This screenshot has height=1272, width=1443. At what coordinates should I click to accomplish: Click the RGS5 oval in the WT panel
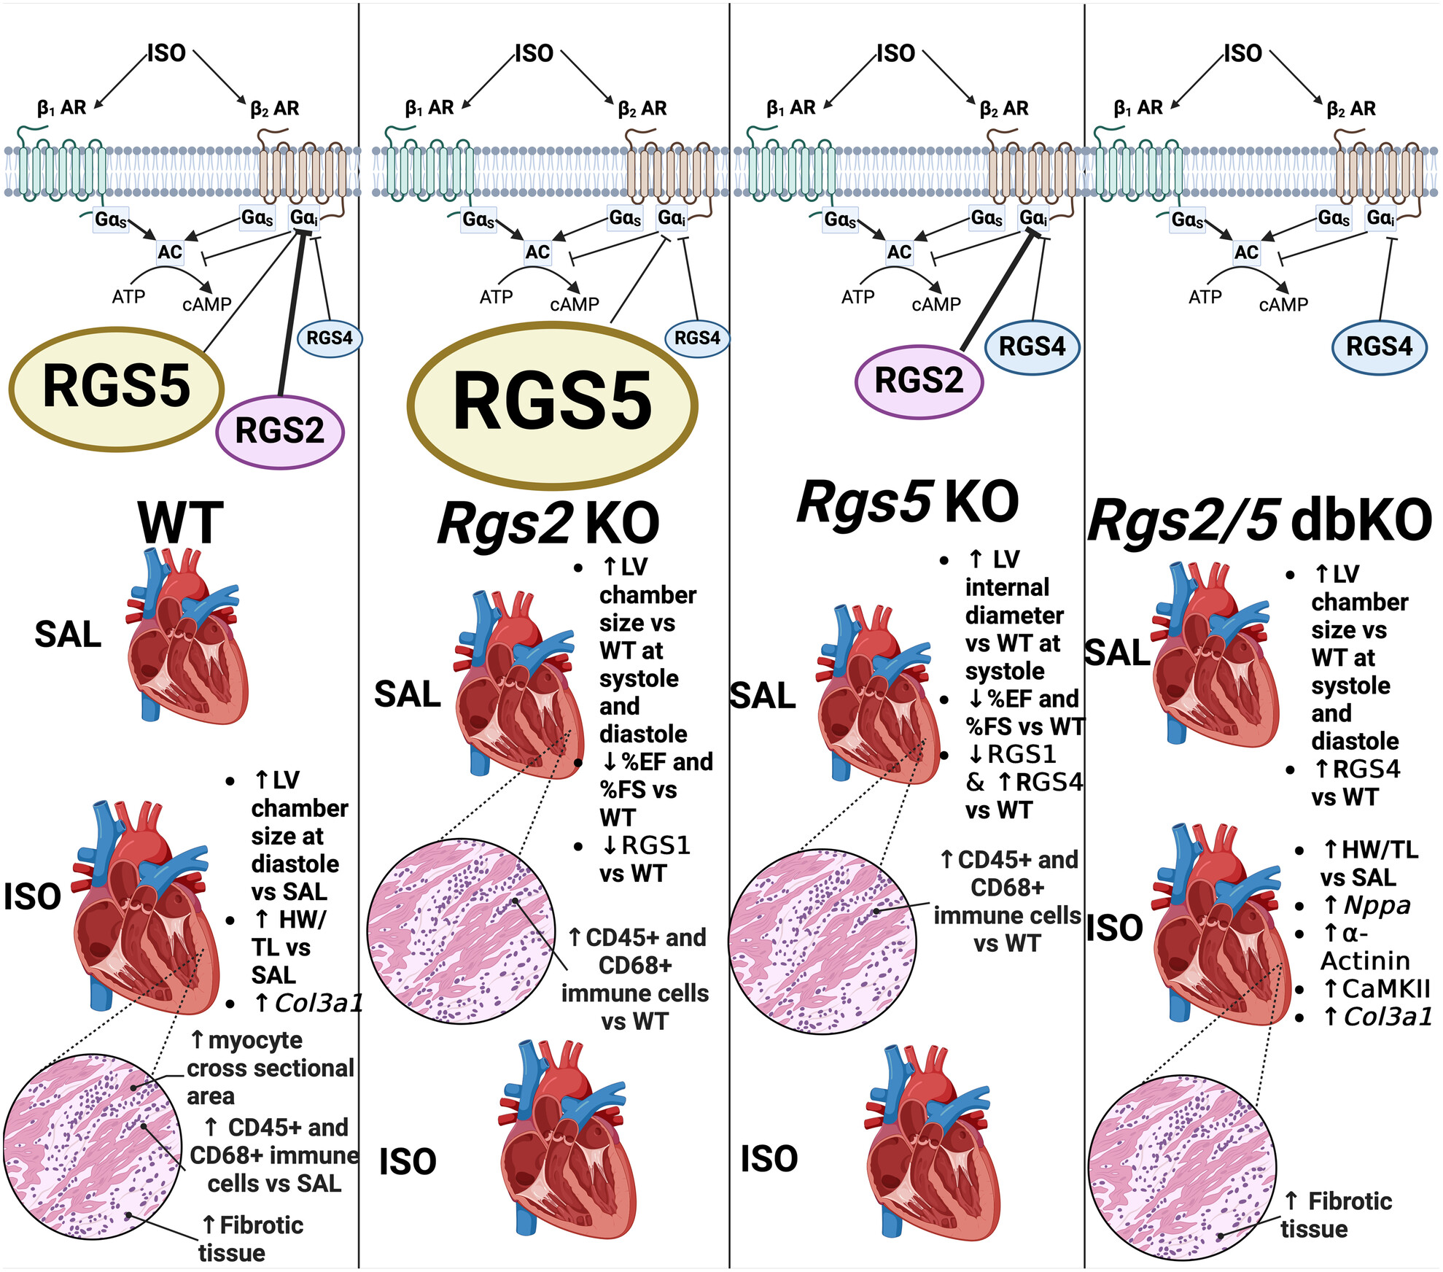click(117, 387)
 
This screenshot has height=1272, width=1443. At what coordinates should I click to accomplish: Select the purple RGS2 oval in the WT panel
click(279, 431)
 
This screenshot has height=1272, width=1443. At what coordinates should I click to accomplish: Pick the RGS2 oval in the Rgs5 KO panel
click(919, 381)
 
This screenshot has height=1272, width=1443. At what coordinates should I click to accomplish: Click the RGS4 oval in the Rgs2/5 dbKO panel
click(1379, 346)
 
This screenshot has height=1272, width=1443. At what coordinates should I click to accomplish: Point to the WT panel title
click(180, 522)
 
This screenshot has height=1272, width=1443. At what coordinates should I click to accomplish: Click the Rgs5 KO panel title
click(908, 503)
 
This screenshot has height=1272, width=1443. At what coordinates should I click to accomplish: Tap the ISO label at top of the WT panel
click(167, 53)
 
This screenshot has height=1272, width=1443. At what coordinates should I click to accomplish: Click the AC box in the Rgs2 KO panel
click(537, 252)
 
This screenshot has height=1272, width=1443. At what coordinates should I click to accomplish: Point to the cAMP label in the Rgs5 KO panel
click(936, 304)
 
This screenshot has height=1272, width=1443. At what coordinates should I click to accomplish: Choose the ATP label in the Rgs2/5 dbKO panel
click(1205, 297)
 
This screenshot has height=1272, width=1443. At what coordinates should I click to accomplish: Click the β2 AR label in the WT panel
click(275, 109)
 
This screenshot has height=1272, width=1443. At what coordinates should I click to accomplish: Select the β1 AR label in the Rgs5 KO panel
click(791, 109)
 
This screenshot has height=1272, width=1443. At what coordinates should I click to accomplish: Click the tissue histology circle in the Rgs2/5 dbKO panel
click(1181, 1168)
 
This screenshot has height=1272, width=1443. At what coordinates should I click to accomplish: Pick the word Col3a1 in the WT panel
click(319, 1004)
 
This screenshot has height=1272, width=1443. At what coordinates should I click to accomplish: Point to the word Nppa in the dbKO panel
click(1377, 905)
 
